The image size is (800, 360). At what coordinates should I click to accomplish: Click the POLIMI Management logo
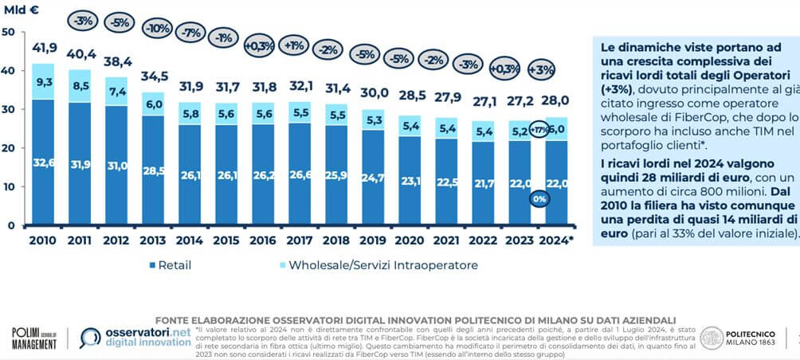point(33,338)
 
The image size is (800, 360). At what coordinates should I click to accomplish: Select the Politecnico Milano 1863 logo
point(736,338)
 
